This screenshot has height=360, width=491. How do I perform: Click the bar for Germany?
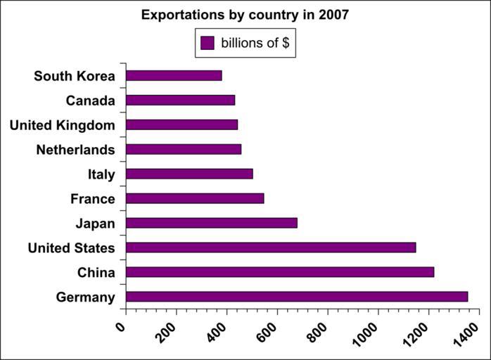pyautogui.click(x=296, y=297)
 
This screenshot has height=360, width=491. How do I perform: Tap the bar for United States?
pyautogui.click(x=270, y=247)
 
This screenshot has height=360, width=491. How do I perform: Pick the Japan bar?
pyautogui.click(x=211, y=223)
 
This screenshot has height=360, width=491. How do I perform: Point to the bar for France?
pyautogui.click(x=194, y=198)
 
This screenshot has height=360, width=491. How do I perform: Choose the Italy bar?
pyautogui.click(x=189, y=174)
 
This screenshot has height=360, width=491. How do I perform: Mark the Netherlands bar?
pyautogui.click(x=183, y=149)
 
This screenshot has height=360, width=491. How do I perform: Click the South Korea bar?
pyautogui.click(x=174, y=75)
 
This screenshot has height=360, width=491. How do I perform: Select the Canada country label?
pyautogui.click(x=90, y=101)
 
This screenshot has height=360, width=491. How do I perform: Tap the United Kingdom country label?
pyautogui.click(x=62, y=125)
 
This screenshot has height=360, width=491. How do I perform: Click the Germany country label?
pyautogui.click(x=85, y=297)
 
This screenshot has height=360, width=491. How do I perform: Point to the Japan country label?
pyautogui.click(x=95, y=224)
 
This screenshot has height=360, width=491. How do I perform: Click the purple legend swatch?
pyautogui.click(x=207, y=43)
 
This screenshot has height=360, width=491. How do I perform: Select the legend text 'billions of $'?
pyautogui.click(x=255, y=43)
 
